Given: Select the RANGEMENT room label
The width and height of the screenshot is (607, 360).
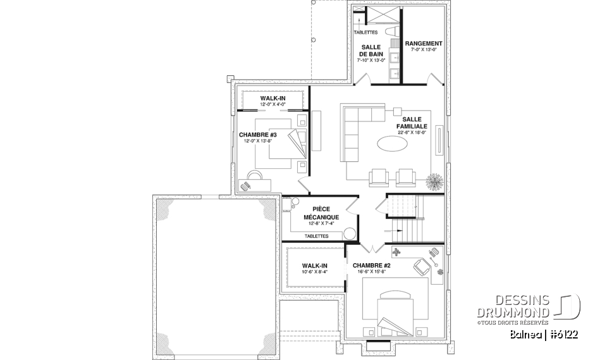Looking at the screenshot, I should point(424,44).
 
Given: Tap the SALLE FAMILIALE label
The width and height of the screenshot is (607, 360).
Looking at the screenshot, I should point(412,122).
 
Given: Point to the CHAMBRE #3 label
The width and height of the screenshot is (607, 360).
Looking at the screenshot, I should point(258,135).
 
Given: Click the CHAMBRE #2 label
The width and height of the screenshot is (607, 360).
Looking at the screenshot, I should point(372,265).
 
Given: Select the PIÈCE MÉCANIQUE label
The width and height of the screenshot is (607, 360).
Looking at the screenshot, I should point(324,213).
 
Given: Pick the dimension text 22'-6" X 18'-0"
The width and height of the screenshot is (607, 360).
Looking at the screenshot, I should point(412,133).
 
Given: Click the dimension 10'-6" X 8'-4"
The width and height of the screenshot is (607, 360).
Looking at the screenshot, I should point(314,273).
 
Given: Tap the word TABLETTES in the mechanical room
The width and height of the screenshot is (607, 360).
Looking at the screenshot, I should point(316,235).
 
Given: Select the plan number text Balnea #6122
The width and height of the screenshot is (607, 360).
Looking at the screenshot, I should point(545,333).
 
